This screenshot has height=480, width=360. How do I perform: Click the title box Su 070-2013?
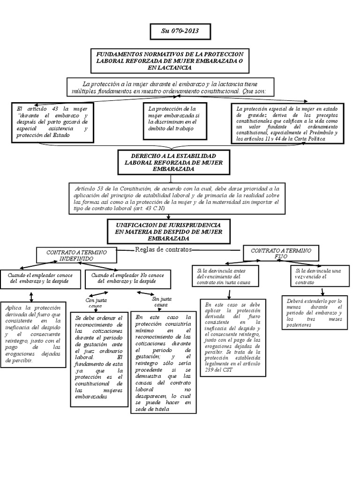(x=180, y=31)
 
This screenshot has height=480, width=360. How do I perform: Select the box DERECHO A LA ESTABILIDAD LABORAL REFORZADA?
(x=167, y=162)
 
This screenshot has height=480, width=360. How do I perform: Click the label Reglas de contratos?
(x=163, y=249)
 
